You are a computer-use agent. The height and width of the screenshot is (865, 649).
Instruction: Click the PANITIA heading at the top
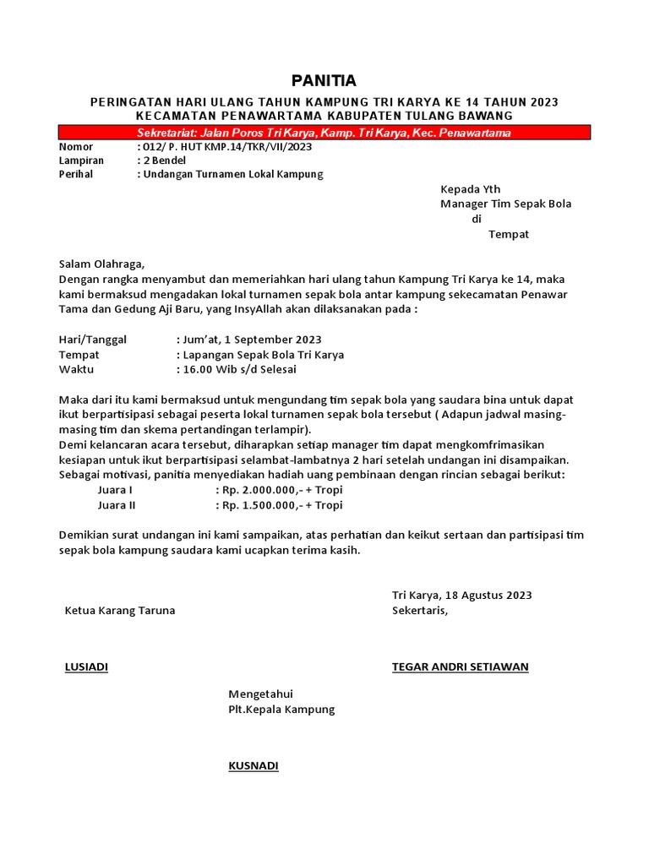324,81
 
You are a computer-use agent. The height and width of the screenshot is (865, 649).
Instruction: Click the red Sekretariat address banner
324,133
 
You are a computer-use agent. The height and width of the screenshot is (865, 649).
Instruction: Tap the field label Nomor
75,147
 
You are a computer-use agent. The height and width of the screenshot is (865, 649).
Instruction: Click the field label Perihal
76,174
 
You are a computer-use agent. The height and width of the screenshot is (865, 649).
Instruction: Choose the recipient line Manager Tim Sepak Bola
505,204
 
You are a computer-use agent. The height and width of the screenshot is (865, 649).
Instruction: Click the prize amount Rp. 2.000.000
254,490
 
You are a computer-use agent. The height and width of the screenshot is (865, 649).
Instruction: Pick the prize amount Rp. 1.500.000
254,505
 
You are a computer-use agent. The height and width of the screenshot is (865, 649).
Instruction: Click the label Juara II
117,505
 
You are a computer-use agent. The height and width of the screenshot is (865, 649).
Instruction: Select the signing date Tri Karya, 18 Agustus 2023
461,596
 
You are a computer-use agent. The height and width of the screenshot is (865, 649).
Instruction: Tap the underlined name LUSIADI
86,666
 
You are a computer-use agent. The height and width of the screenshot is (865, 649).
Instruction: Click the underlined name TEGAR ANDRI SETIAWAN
460,666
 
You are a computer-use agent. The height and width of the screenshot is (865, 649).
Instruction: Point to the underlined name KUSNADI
253,766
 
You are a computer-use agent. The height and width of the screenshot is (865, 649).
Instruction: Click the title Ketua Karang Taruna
120,610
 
